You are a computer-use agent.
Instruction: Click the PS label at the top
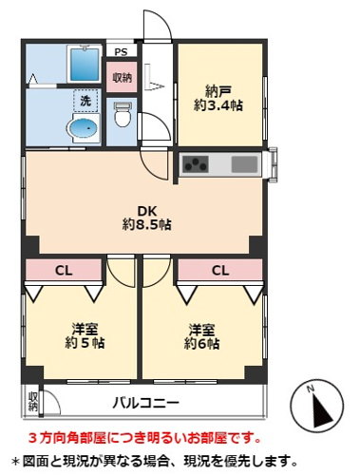coord(121,51)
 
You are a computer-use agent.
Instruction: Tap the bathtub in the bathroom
coord(85,64)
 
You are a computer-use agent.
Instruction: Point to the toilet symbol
coord(122,116)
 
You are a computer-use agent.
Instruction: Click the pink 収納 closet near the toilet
coord(122,77)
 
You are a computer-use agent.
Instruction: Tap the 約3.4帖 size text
coord(221,106)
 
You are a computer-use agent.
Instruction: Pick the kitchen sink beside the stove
coord(244,164)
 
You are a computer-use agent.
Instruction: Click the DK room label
coord(145,210)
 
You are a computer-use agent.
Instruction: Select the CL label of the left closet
coord(63,270)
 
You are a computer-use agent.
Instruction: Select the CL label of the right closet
coord(219,270)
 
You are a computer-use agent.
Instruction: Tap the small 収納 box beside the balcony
coord(32,401)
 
